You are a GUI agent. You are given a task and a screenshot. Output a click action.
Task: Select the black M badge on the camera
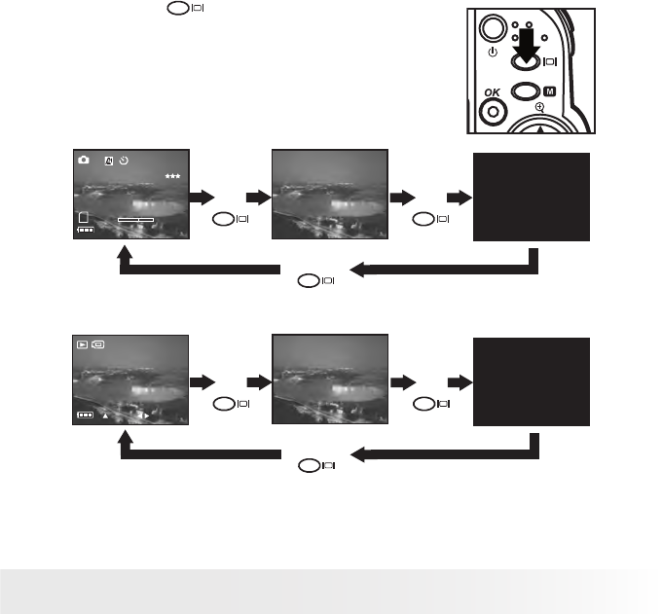549,91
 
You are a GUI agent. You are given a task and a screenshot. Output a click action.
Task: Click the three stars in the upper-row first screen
173,176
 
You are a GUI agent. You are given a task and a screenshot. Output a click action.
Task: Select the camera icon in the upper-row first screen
84,160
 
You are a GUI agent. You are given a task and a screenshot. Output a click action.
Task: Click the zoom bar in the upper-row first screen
135,221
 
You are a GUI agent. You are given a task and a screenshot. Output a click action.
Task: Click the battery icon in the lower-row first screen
86,415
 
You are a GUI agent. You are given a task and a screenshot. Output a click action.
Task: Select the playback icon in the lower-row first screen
83,344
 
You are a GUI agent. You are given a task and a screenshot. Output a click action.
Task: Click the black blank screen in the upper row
531,196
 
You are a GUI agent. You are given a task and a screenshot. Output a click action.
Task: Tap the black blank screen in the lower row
531,381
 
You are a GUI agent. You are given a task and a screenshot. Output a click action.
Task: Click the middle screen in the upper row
330,196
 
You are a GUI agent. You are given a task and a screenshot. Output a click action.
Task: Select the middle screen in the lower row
330,380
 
